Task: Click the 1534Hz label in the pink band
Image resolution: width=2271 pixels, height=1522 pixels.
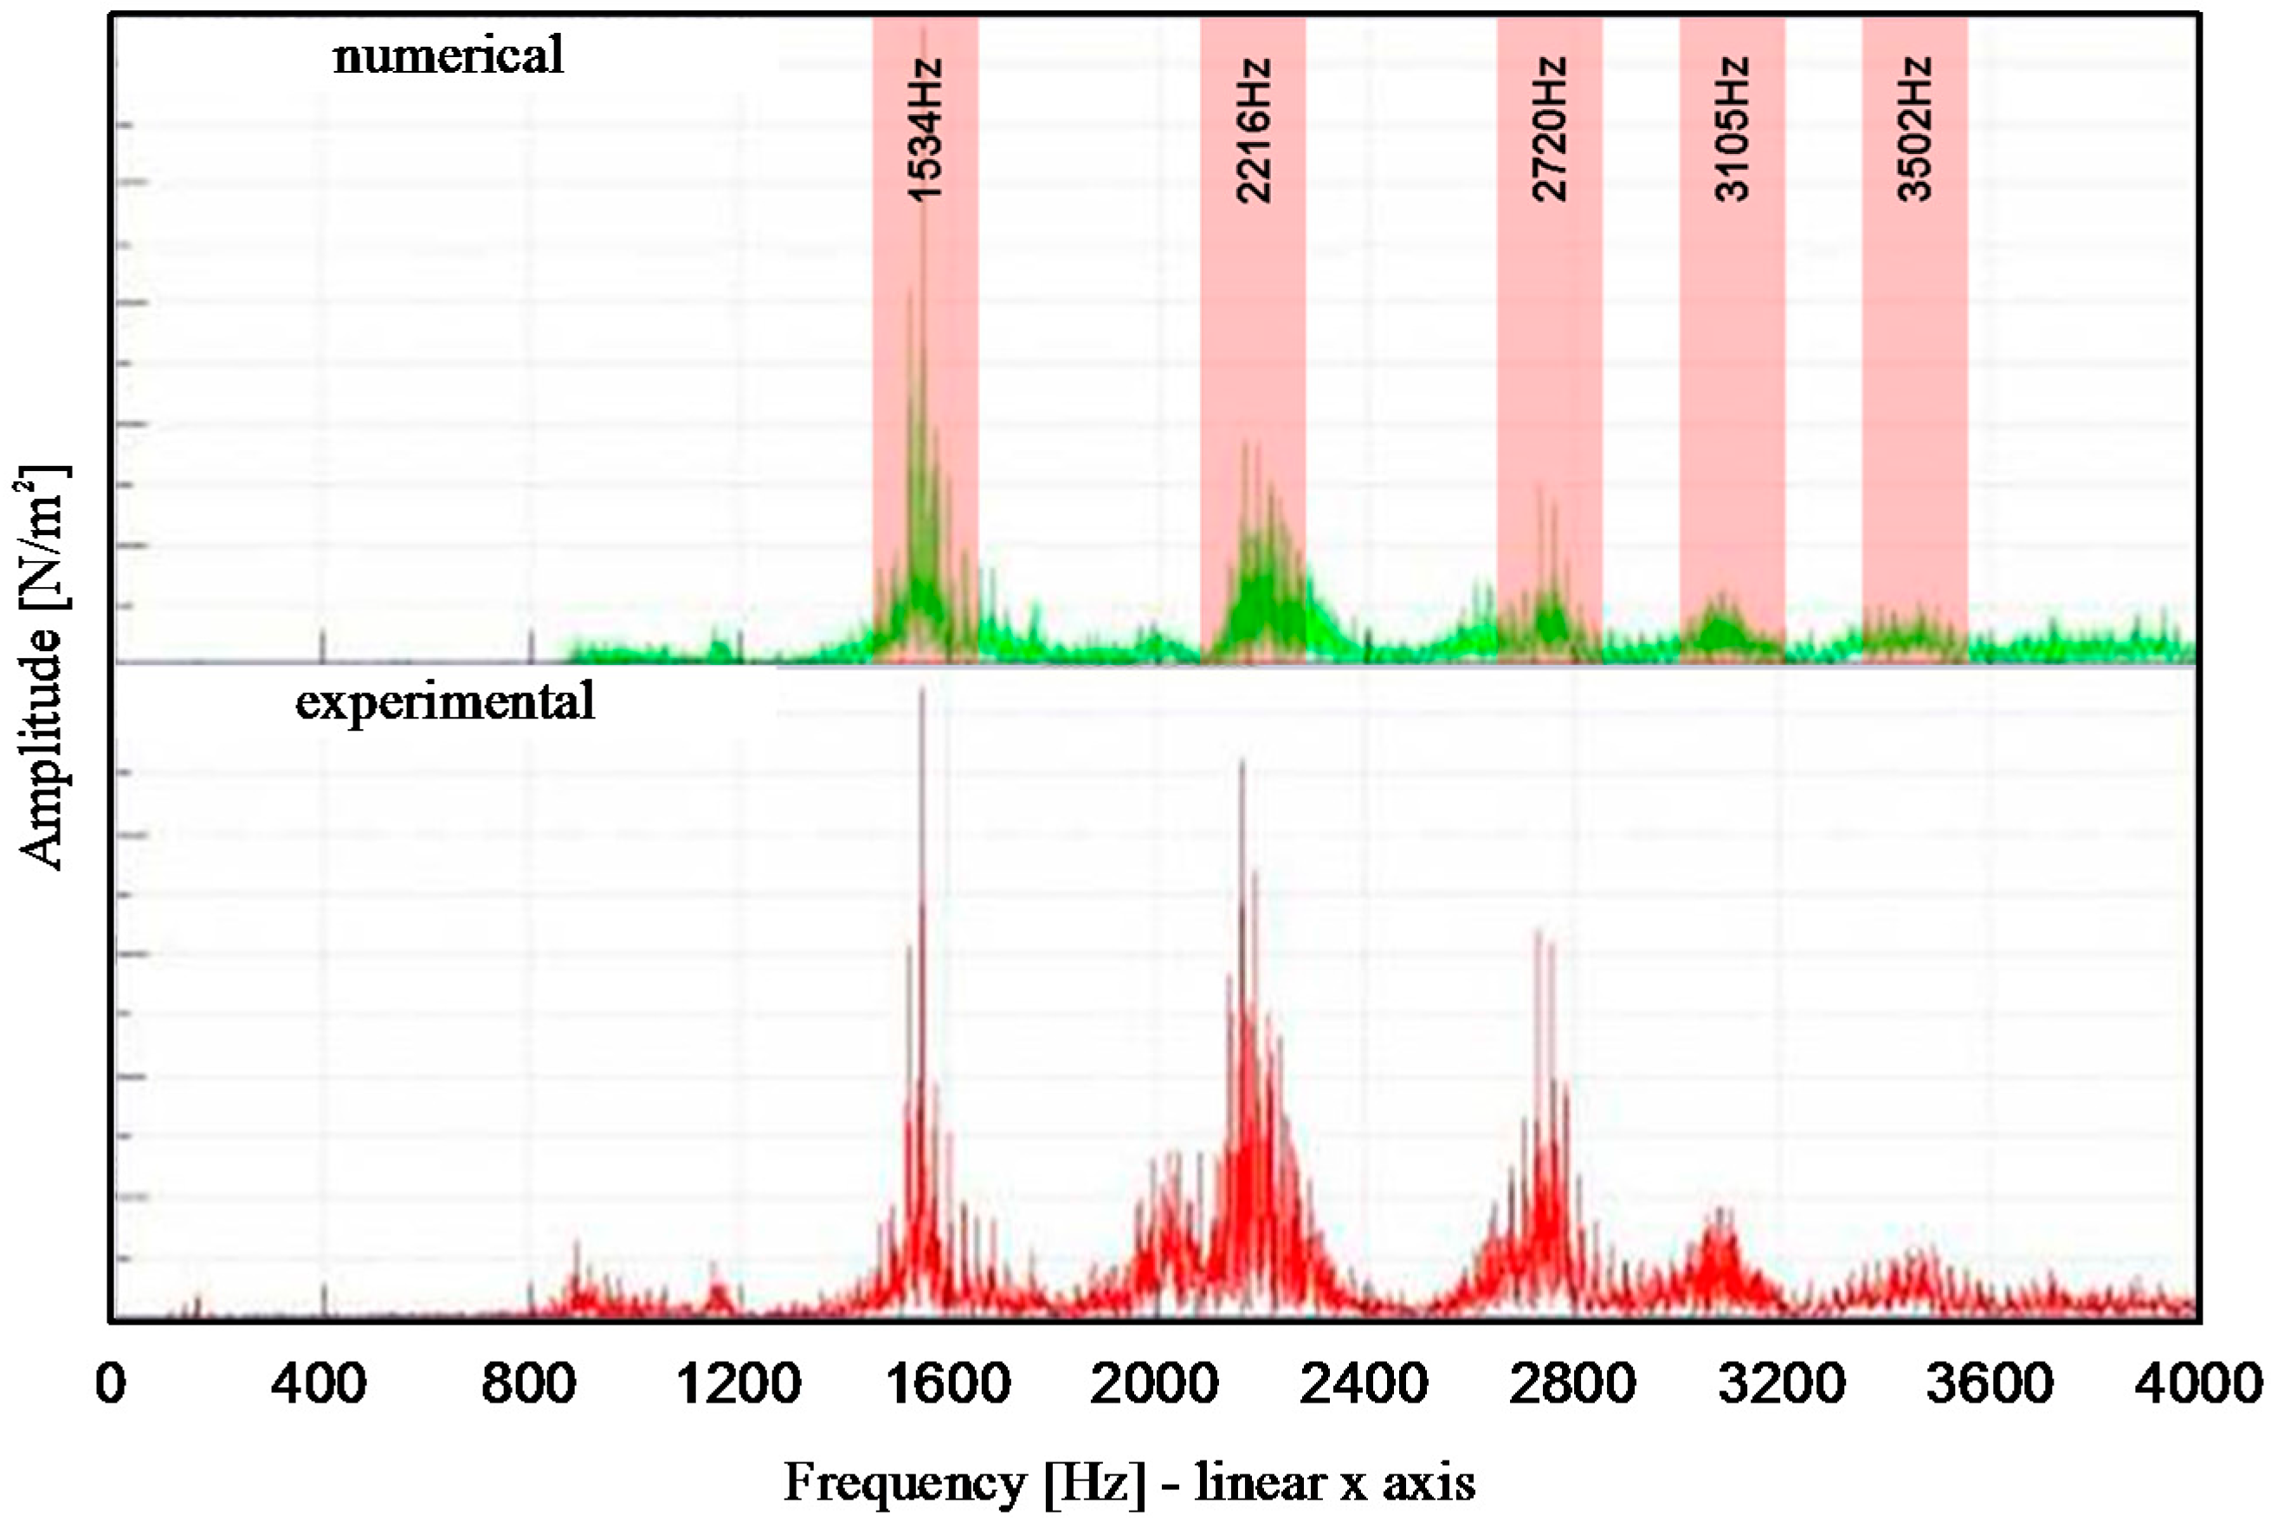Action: click(x=925, y=129)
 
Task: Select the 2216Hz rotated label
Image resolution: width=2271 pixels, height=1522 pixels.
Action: click(x=1253, y=130)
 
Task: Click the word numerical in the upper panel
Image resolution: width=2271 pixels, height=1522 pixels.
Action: click(x=448, y=55)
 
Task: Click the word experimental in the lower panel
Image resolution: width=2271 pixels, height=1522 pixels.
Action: click(x=444, y=700)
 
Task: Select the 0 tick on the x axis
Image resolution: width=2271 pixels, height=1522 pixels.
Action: click(x=111, y=1384)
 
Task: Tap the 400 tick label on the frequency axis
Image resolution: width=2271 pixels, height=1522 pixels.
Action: click(x=319, y=1384)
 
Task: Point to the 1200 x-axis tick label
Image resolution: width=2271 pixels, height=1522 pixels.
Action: click(x=738, y=1384)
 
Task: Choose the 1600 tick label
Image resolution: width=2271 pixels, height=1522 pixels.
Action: click(x=947, y=1384)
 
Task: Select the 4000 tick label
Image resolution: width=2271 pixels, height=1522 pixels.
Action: click(x=2198, y=1384)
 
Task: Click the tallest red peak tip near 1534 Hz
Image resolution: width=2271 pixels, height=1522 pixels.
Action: click(x=921, y=690)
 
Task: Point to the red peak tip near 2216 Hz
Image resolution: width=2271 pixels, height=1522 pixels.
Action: click(x=1242, y=764)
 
